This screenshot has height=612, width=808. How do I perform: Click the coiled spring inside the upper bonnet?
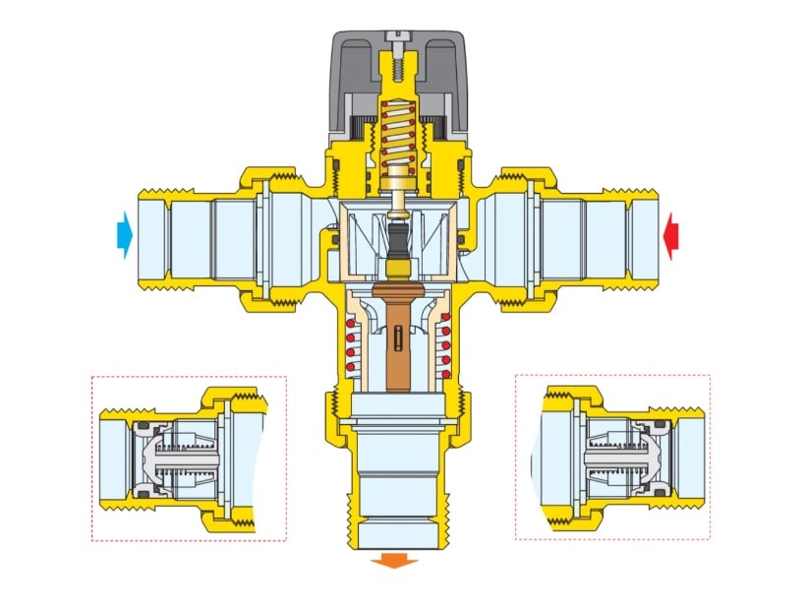coord(397,138)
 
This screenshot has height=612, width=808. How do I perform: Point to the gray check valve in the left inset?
coord(172,459)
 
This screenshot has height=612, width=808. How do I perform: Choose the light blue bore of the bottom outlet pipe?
coord(397,502)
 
